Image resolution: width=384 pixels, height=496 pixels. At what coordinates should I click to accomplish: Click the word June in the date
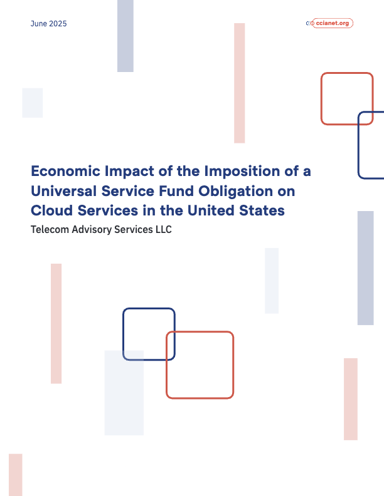pos(39,24)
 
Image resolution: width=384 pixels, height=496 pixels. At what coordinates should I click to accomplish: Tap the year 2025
pos(58,24)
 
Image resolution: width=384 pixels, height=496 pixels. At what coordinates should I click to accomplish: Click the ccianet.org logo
pos(330,23)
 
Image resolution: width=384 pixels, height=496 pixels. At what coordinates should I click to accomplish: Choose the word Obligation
pos(224,190)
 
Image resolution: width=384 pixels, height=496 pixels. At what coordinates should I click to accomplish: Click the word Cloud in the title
pos(49,210)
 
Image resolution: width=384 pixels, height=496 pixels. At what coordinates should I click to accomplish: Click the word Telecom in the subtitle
pos(50,230)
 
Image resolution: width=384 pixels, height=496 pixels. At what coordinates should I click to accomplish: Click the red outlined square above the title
pos(347,98)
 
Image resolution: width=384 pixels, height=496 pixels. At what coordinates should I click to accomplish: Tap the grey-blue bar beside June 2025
pos(125,36)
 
